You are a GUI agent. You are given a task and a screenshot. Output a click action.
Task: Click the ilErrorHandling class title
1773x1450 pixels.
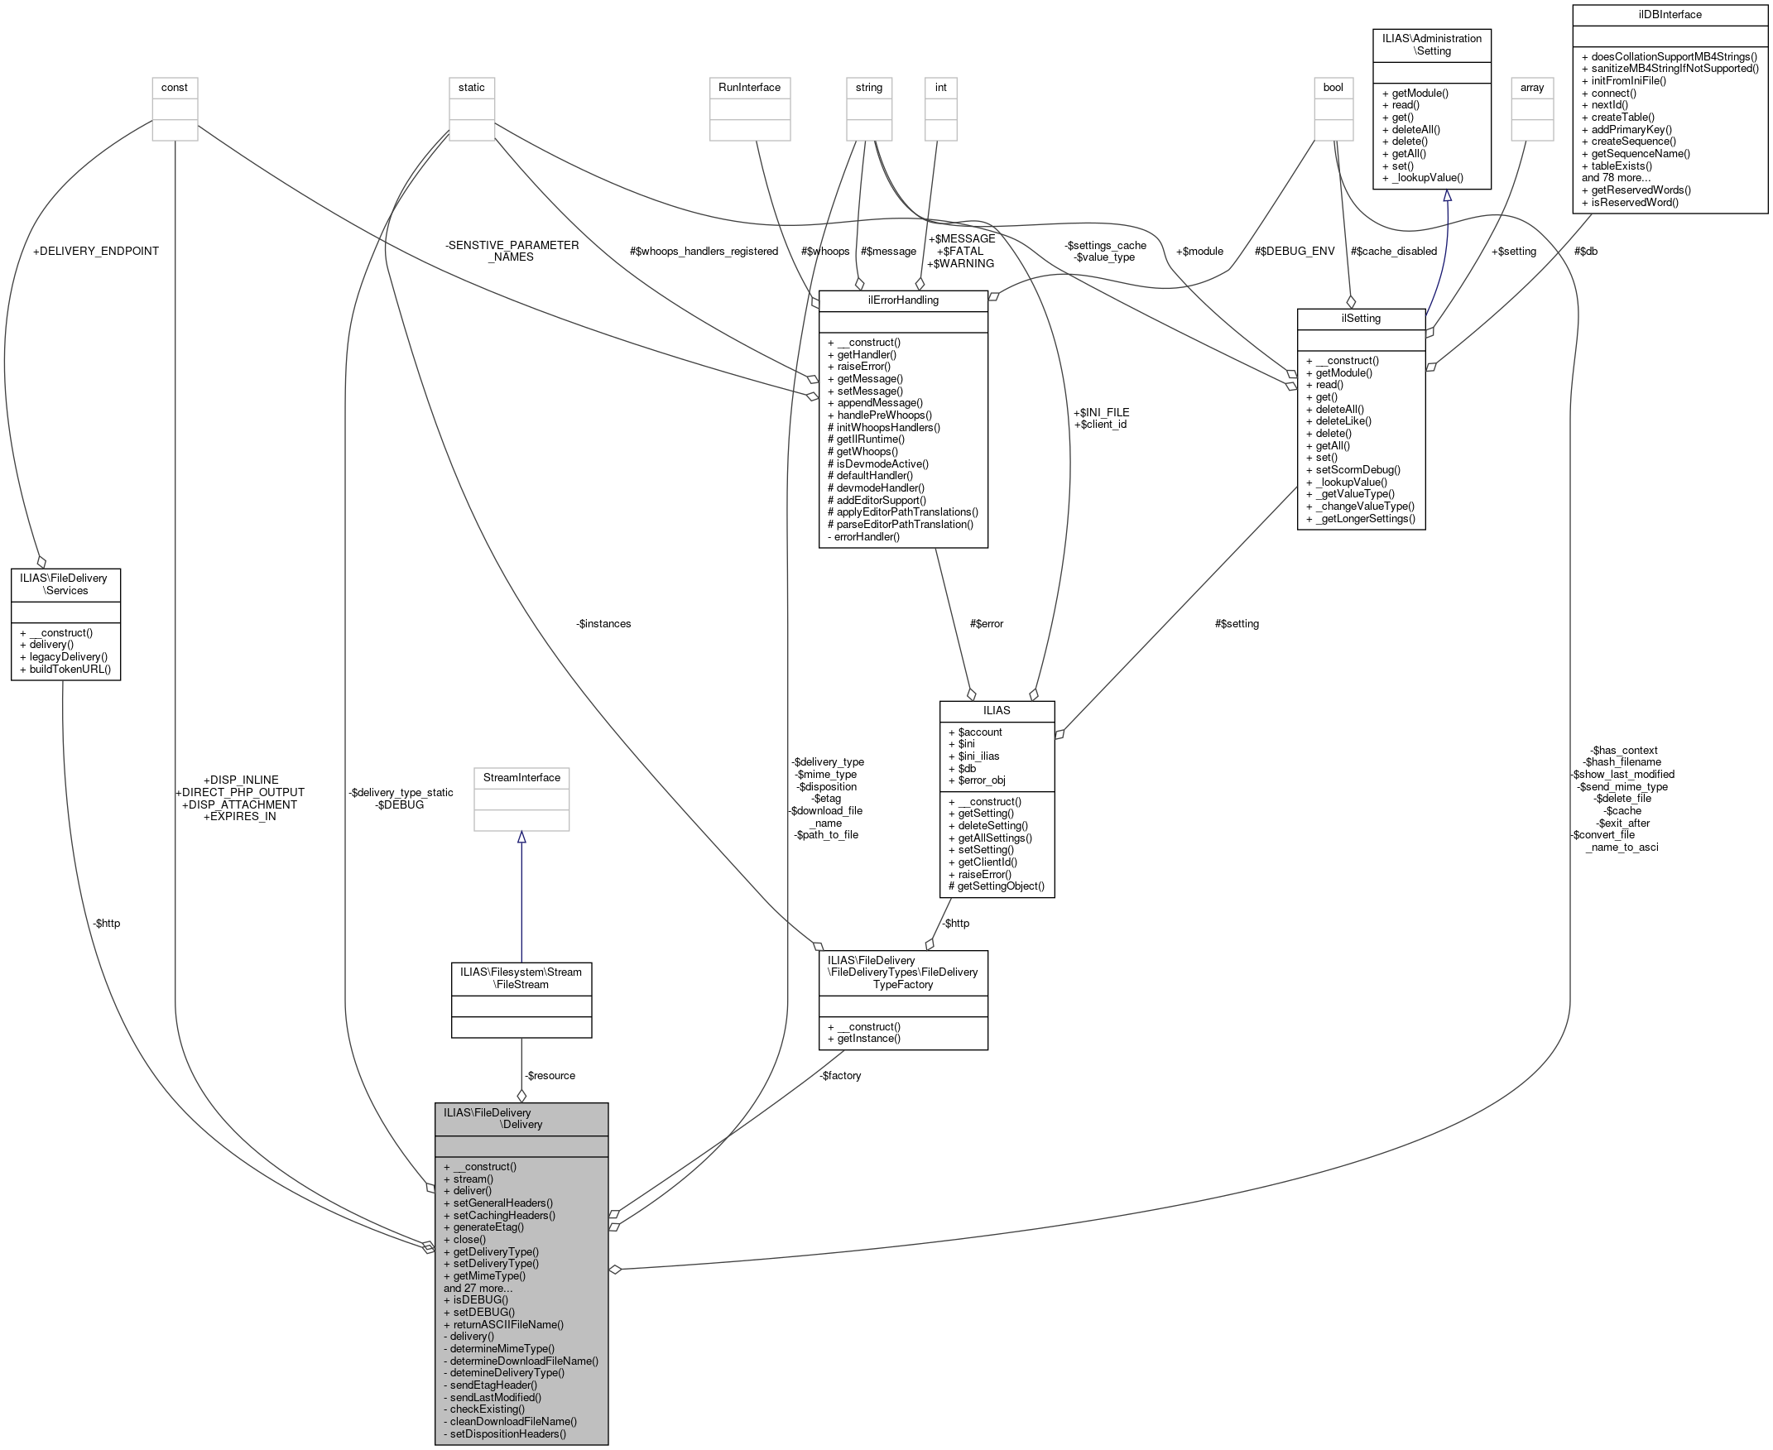902,300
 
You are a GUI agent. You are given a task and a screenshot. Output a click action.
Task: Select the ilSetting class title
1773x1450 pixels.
1361,319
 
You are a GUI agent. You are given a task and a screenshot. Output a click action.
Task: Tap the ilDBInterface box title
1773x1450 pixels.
1670,14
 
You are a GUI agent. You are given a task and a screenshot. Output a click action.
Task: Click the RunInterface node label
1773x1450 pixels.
749,87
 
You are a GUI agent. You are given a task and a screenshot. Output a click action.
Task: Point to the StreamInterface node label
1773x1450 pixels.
521,778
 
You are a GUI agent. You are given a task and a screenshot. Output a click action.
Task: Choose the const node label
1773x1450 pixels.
175,87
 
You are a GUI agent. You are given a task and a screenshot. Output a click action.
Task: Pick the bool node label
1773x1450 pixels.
1333,87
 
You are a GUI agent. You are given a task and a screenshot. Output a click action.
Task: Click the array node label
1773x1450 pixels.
1531,87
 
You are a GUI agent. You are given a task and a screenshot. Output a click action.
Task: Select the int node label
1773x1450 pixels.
940,87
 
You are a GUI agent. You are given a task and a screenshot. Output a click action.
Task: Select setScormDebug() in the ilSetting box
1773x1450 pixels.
1353,469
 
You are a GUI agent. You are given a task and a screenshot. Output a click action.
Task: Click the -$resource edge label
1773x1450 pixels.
550,1075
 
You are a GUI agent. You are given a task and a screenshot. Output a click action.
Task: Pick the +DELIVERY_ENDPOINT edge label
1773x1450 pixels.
95,251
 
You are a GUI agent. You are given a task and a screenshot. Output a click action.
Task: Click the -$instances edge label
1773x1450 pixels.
603,623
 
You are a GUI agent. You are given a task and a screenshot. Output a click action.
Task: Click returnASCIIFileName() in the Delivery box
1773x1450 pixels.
503,1324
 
